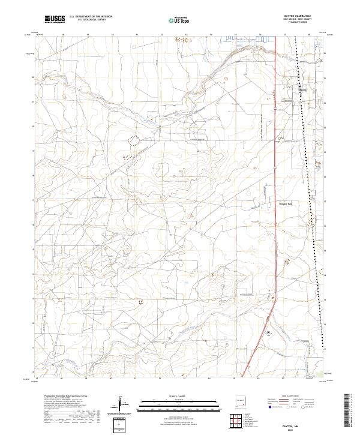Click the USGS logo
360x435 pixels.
tap(55, 19)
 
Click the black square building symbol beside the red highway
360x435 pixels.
tap(269, 332)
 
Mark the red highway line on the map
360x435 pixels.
tap(275, 180)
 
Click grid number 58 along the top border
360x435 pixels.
tap(308, 35)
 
